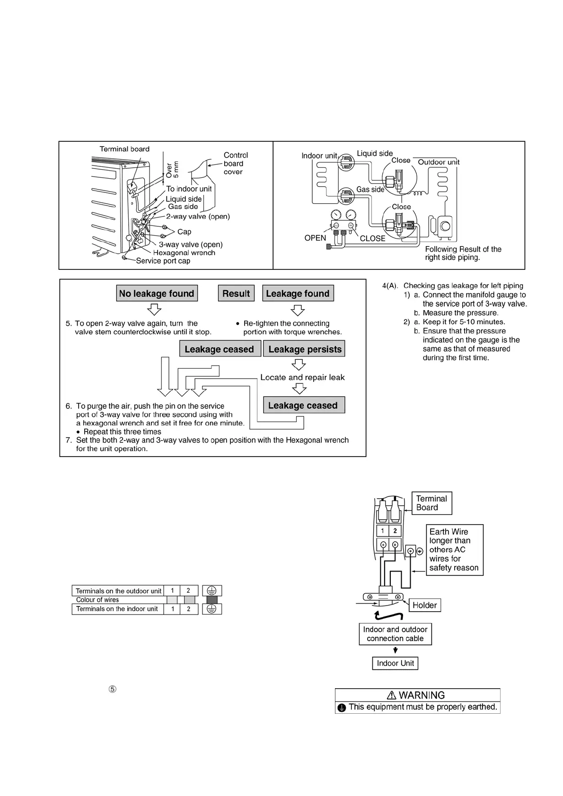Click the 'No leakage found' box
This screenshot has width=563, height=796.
click(157, 294)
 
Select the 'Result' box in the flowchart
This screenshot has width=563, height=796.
click(236, 294)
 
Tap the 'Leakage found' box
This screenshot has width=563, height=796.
click(298, 294)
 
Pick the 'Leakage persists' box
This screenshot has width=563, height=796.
click(304, 349)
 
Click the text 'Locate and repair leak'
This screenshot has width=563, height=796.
click(302, 377)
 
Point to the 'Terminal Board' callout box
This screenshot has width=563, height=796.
click(431, 503)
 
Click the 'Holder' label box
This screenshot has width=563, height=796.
click(424, 605)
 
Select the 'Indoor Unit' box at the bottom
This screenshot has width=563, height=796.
click(395, 663)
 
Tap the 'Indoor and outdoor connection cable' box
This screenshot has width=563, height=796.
click(395, 634)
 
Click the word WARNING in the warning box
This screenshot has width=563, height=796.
click(421, 695)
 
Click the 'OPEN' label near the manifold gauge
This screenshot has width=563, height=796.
click(315, 238)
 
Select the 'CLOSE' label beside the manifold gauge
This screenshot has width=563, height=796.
click(372, 239)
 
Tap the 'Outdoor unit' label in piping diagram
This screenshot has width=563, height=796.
click(439, 162)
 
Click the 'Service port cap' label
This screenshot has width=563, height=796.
click(163, 261)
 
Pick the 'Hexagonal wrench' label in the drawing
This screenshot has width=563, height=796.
click(184, 253)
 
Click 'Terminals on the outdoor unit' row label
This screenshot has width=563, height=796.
click(118, 591)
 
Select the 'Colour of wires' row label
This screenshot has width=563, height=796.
click(97, 600)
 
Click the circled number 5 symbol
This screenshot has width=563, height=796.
click(113, 689)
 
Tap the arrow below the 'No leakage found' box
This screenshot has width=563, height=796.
click(154, 310)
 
